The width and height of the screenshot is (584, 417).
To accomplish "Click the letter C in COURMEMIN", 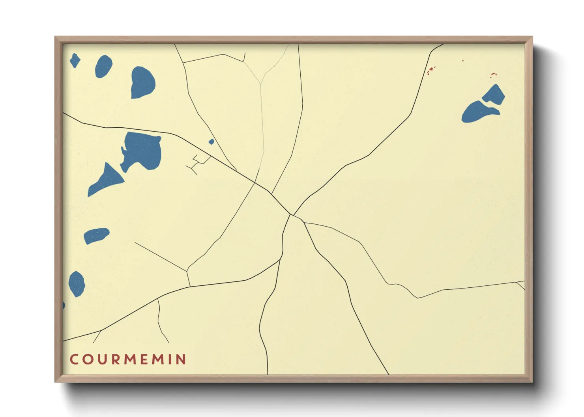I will pyautogui.click(x=74, y=359).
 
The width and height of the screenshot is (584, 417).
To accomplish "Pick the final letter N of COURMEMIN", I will pyautogui.click(x=181, y=359).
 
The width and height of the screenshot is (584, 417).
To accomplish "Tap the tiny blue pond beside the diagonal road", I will pyautogui.click(x=211, y=141).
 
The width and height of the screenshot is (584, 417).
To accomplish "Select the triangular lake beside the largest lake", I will pyautogui.click(x=105, y=180).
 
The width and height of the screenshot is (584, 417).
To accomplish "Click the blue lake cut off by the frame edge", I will pyautogui.click(x=64, y=305).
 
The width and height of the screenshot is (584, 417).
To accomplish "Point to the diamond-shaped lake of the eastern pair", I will pyautogui.click(x=494, y=95).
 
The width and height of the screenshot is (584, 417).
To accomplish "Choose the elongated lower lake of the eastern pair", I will pyautogui.click(x=478, y=112).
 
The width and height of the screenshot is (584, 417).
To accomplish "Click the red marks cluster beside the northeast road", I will pyautogui.click(x=431, y=71).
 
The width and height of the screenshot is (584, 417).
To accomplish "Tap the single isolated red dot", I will pyautogui.click(x=463, y=61).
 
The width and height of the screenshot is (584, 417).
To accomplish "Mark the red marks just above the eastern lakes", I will pyautogui.click(x=493, y=74).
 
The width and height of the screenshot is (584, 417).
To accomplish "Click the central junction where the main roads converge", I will pyautogui.click(x=291, y=214).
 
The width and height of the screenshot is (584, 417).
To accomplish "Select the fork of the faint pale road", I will pyautogui.click(x=260, y=84).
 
